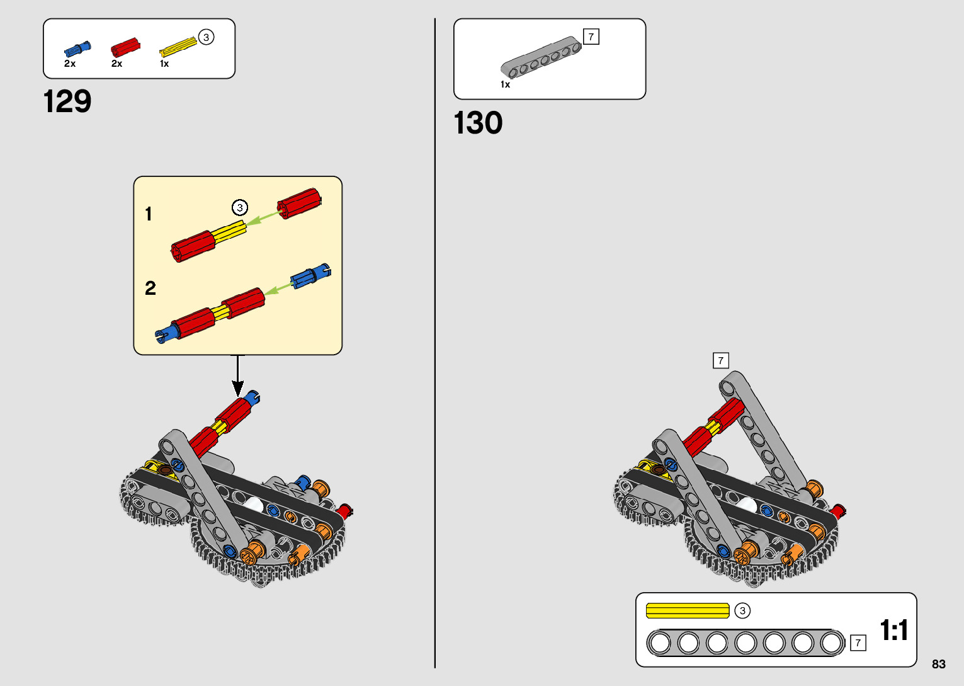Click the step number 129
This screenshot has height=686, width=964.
point(67,101)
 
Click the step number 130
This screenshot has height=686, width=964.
point(478,123)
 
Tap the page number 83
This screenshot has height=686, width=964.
point(938,664)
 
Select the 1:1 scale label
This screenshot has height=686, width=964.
point(893,630)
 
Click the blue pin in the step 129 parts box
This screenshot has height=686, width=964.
point(77,49)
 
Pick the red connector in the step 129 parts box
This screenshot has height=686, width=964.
point(125,48)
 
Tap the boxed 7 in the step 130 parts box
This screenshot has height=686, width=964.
point(591,37)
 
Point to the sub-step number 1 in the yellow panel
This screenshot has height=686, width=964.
point(149,214)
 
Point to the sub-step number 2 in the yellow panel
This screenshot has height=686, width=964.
point(150,289)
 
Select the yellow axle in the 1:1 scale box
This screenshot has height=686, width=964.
point(688,610)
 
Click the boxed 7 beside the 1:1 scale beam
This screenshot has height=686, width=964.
point(858,643)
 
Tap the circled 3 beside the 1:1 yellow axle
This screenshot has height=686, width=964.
point(742,610)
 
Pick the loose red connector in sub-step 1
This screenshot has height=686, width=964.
point(299,203)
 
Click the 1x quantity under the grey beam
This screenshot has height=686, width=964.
point(505,84)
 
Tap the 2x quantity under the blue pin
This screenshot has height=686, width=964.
point(70,64)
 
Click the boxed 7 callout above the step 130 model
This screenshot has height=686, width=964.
point(720,360)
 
